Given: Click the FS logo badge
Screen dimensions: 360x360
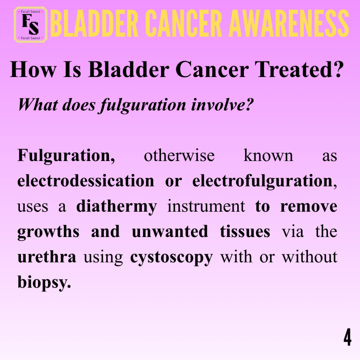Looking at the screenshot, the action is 31,25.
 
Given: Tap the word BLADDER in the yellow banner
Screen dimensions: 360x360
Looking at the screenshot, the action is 94,24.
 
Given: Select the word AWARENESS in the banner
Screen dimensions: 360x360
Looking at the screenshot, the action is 289,24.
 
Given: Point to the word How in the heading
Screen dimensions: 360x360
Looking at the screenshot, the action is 33,69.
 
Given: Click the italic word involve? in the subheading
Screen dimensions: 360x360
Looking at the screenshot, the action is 223,105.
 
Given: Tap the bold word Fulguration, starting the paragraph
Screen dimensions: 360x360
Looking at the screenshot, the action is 66,156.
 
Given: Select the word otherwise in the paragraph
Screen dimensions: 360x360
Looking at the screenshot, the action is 179,155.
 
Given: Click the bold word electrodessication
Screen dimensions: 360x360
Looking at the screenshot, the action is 86,181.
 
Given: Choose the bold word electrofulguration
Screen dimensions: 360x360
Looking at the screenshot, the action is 262,181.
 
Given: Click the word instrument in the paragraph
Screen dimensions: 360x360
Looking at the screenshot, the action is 206,206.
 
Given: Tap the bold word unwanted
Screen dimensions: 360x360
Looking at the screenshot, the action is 170,231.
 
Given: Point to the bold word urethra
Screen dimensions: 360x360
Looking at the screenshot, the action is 47,257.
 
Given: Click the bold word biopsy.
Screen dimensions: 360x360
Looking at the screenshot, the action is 44,282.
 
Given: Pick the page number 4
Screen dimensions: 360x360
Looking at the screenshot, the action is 348,337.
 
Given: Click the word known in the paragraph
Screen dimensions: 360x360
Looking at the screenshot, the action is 268,155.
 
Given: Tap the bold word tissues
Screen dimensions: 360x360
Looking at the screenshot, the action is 245,231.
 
